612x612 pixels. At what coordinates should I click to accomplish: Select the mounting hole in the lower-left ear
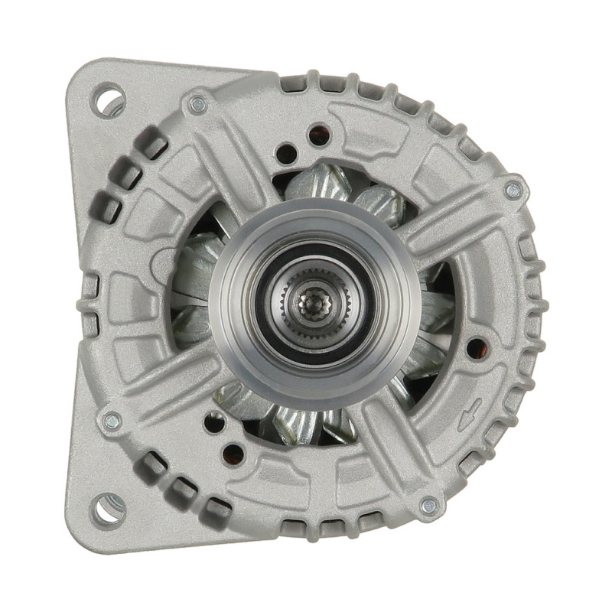pyautogui.click(x=108, y=509)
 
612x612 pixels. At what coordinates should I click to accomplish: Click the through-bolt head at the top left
pyautogui.click(x=198, y=105)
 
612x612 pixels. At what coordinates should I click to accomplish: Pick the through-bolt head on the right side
pyautogui.click(x=513, y=190)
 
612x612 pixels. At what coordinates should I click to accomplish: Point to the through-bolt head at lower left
pyautogui.click(x=112, y=420)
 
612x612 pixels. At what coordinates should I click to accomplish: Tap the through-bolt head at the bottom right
pyautogui.click(x=429, y=505)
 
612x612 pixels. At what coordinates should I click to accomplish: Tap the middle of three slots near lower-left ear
pyautogui.click(x=181, y=487)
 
